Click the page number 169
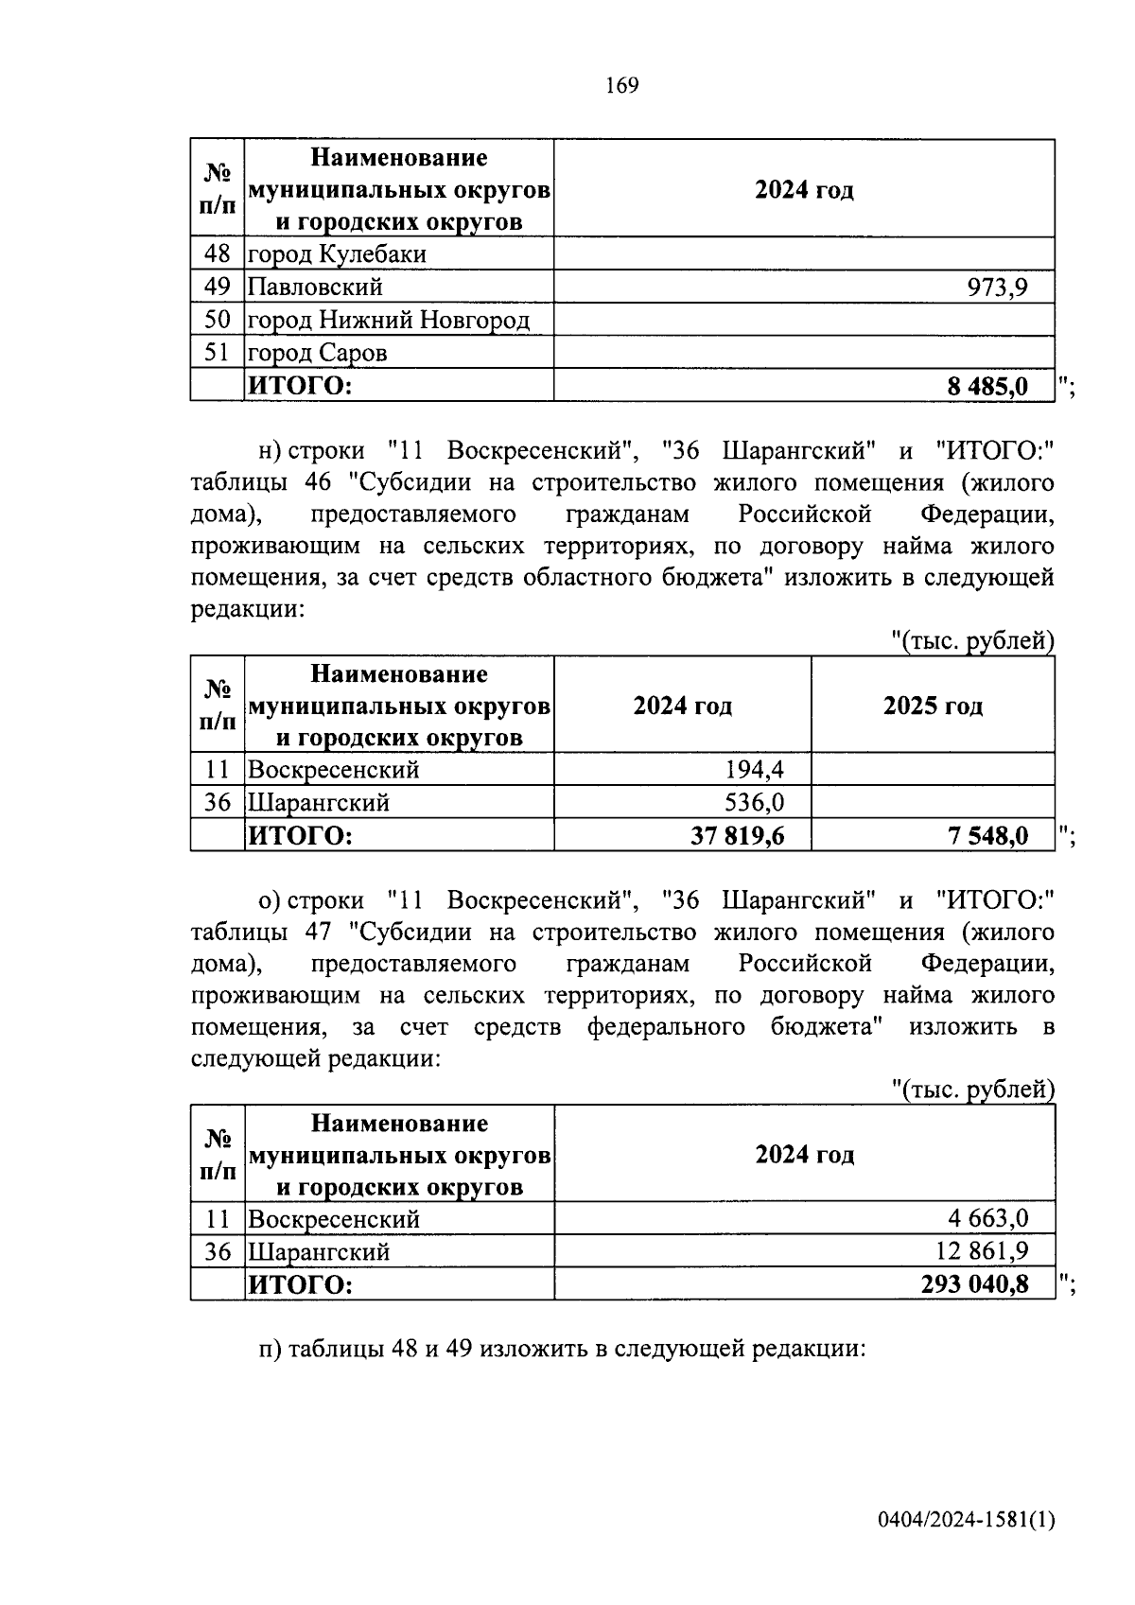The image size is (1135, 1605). tap(621, 86)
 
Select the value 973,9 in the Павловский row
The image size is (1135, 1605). tap(997, 287)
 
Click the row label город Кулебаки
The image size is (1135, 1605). tap(337, 254)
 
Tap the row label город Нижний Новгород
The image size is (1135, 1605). tap(388, 320)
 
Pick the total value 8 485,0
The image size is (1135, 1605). tap(987, 386)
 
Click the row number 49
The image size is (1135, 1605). tap(217, 287)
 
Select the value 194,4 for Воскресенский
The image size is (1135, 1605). tap(754, 770)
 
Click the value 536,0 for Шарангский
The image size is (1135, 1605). tap(754, 803)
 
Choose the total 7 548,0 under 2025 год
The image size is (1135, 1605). tap(988, 836)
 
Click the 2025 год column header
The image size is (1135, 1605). tap(932, 707)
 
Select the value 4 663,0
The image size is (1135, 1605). tap(982, 1218)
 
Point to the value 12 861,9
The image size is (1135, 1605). tap(982, 1251)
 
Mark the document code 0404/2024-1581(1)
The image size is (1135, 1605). tap(965, 1521)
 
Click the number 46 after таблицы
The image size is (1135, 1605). tap(318, 483)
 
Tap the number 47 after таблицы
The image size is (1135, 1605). tap(318, 933)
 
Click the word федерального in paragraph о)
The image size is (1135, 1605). tap(666, 1027)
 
